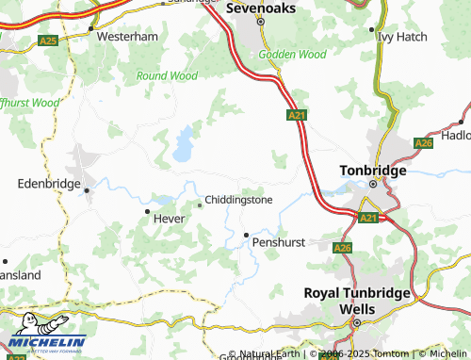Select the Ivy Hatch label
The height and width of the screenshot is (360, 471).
[x=401, y=37]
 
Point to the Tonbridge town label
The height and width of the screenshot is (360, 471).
[x=372, y=171]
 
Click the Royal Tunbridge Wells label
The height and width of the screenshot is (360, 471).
[x=357, y=301]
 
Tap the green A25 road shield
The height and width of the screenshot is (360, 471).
[x=47, y=41]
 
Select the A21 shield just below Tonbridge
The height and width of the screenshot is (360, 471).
[x=368, y=218]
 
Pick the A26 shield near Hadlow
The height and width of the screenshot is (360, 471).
[x=424, y=143]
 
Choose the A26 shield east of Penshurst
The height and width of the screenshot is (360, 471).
[x=342, y=248]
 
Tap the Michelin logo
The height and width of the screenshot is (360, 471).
[x=45, y=344]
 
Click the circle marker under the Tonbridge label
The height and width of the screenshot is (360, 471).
[x=372, y=185]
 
